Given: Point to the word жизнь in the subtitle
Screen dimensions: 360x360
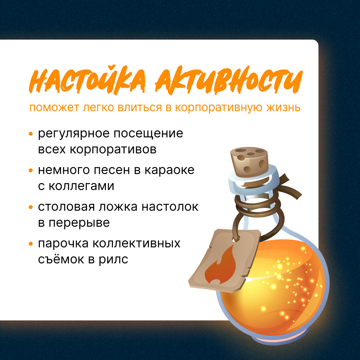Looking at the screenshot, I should point(284,108).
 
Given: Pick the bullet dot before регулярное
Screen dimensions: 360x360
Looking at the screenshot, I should point(31,134).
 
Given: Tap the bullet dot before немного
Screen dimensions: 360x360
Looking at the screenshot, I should point(31,171).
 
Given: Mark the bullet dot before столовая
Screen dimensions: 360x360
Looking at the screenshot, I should point(31,207).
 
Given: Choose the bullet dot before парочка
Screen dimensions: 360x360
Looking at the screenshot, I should point(31,244).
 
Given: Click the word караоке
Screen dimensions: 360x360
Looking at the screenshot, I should point(169,170).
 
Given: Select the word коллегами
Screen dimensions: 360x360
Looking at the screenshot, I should point(81,186).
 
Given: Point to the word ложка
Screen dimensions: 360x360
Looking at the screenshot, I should point(118,207).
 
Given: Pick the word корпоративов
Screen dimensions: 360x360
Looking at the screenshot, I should point(113,149).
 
